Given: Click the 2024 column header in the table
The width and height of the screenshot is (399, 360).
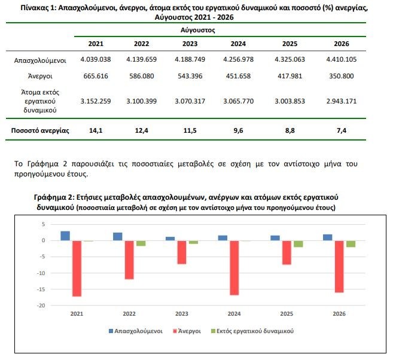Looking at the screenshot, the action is [238, 44].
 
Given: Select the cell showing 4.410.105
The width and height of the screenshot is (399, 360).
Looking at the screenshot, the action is [342, 59].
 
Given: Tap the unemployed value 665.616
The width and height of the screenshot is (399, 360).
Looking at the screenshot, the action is [96, 76].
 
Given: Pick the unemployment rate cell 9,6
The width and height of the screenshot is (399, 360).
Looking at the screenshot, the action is [238, 130].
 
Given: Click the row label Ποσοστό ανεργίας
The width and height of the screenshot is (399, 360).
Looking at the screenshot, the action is [40, 130].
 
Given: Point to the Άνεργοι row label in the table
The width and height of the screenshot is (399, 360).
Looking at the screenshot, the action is [40, 76].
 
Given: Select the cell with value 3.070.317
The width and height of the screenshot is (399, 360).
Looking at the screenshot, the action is [190, 101].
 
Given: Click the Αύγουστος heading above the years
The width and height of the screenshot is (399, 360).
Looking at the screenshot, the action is [198, 30].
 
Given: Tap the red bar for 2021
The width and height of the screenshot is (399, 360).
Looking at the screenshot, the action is [77, 269].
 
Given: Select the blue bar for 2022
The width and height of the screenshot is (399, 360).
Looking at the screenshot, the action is [118, 237].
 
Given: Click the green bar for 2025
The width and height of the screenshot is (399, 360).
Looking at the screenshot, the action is [299, 244].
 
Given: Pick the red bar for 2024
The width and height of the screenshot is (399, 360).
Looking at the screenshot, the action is [234, 268].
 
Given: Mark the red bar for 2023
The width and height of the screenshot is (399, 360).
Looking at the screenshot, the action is [182, 252].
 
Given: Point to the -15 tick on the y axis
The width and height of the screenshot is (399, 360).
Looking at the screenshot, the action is [41, 289].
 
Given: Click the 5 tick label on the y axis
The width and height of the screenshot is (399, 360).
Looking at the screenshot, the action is [43, 224].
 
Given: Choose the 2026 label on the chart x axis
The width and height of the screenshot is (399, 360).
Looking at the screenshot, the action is [339, 314].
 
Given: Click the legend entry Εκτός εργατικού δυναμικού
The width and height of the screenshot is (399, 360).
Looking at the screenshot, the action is [252, 331].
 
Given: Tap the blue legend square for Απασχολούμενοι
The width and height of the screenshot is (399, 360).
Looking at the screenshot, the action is [111, 331].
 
